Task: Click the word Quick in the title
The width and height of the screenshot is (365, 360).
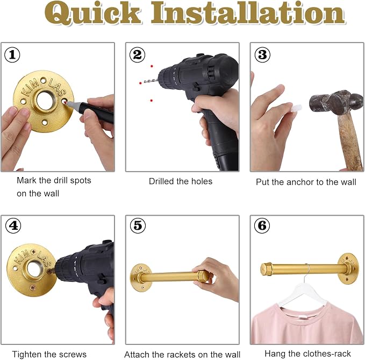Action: pos(92,13)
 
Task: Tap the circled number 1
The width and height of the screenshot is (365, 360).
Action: pos(12,55)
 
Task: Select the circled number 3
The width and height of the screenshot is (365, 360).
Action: pos(262,55)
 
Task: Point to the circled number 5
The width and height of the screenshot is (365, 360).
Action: pos(138,225)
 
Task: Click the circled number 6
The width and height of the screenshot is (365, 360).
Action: pos(262,225)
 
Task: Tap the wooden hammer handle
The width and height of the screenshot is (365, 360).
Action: pos(350,142)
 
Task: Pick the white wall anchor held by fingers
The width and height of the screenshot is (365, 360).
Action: pos(296,108)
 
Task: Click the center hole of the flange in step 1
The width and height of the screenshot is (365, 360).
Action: pos(45,101)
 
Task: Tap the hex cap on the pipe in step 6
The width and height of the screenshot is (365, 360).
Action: pos(267,270)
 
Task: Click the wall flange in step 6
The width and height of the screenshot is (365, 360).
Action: pos(348,269)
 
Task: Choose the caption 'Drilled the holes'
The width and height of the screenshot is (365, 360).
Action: pos(181,181)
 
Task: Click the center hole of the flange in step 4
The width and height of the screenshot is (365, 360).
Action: pos(34,270)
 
